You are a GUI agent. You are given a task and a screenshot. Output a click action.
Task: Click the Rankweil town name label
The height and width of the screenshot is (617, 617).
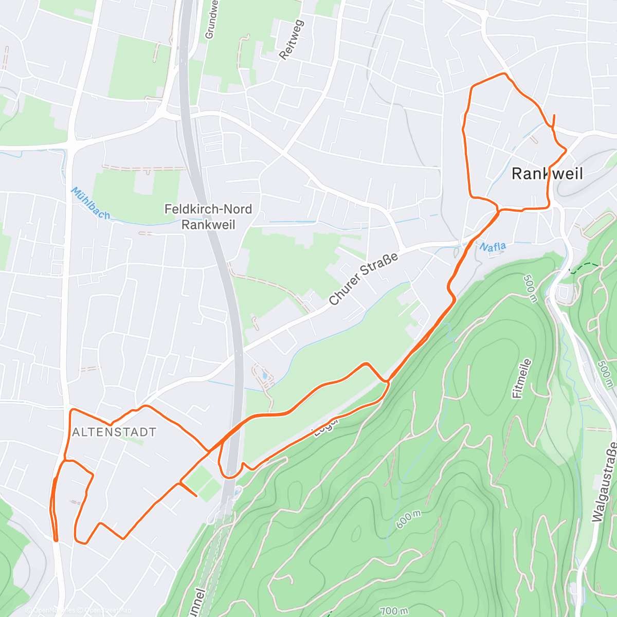point(547,174)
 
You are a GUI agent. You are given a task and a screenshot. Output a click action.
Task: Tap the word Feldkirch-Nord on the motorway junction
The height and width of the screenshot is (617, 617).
point(208,209)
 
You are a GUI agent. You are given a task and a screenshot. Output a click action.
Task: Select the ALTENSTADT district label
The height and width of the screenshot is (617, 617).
point(114,432)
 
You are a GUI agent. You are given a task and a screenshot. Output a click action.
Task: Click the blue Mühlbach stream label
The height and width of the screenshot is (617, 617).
point(90,203)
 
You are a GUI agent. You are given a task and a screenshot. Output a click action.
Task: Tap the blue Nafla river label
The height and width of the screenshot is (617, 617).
point(493,247)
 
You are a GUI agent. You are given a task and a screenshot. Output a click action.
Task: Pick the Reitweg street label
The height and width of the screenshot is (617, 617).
point(292,40)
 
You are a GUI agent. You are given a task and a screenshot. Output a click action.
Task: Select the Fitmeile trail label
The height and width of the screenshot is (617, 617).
point(522,379)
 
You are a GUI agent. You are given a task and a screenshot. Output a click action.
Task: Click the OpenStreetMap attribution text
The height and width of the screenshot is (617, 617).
point(108,611)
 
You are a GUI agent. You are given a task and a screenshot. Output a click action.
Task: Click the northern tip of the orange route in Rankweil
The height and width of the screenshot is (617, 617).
point(554,115)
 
